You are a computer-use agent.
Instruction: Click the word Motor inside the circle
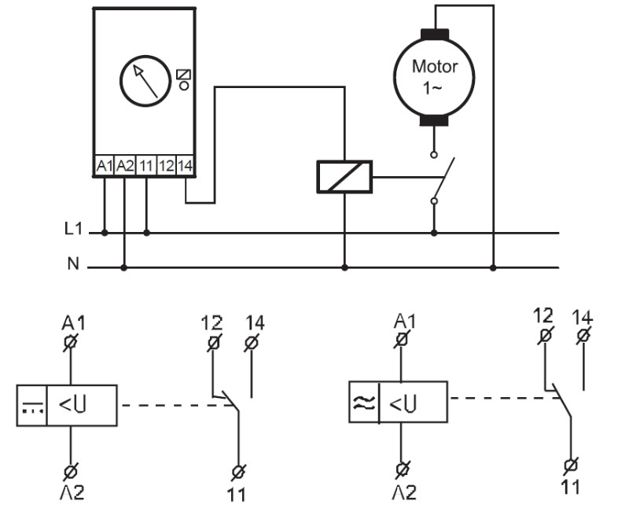point(435,67)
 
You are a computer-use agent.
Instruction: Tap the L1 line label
point(73,229)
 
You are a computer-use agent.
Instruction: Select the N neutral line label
point(73,263)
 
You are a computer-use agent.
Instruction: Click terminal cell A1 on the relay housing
point(105,165)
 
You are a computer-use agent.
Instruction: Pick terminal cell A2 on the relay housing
point(125,165)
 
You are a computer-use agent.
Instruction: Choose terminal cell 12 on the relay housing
point(166,165)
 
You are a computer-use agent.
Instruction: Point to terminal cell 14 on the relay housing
point(185,165)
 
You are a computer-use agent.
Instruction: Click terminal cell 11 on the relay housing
point(146,165)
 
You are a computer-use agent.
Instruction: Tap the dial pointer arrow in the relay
point(145,82)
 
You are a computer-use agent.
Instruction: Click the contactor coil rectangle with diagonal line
point(344,177)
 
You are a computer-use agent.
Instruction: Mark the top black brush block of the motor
point(435,35)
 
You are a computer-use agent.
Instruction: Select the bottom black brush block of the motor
point(434,120)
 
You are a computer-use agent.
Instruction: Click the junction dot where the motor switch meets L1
point(434,233)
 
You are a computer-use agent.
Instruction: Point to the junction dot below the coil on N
point(344,267)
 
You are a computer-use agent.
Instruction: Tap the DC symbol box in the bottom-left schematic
point(32,405)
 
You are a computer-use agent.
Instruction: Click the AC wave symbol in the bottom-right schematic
point(364,402)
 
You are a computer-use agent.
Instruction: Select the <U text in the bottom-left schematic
point(72,405)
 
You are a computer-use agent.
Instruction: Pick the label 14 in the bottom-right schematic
point(583,317)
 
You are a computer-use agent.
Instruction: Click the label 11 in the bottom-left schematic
point(237,495)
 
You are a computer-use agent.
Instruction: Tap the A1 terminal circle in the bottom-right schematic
point(402,340)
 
